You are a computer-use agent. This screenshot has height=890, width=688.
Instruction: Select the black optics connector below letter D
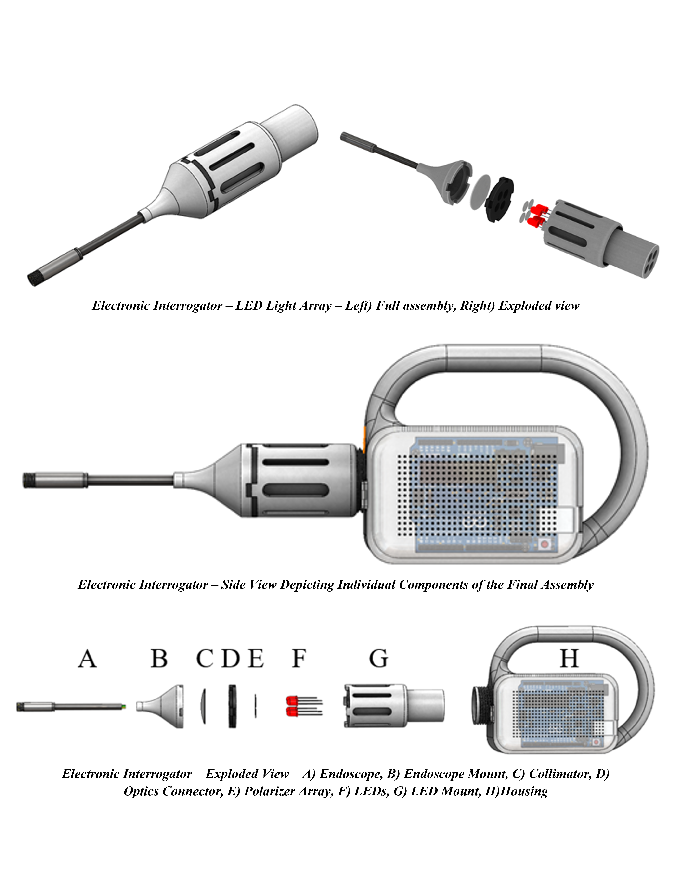click(232, 706)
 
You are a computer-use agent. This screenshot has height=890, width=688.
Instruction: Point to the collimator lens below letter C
click(203, 706)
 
